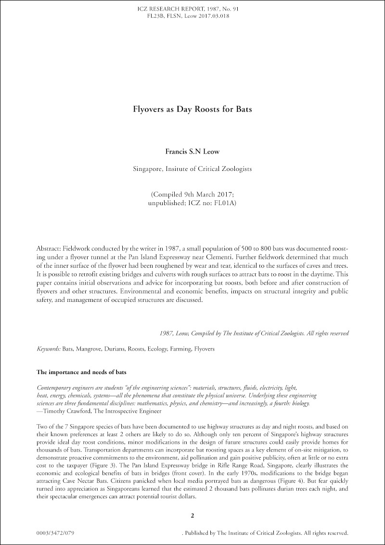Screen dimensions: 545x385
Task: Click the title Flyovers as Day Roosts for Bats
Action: (x=192, y=109)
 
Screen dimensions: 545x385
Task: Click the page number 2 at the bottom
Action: (x=192, y=516)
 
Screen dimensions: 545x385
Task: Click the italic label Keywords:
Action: (x=49, y=348)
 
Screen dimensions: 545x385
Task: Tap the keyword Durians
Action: (x=119, y=348)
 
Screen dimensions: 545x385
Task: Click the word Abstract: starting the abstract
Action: (x=49, y=248)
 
